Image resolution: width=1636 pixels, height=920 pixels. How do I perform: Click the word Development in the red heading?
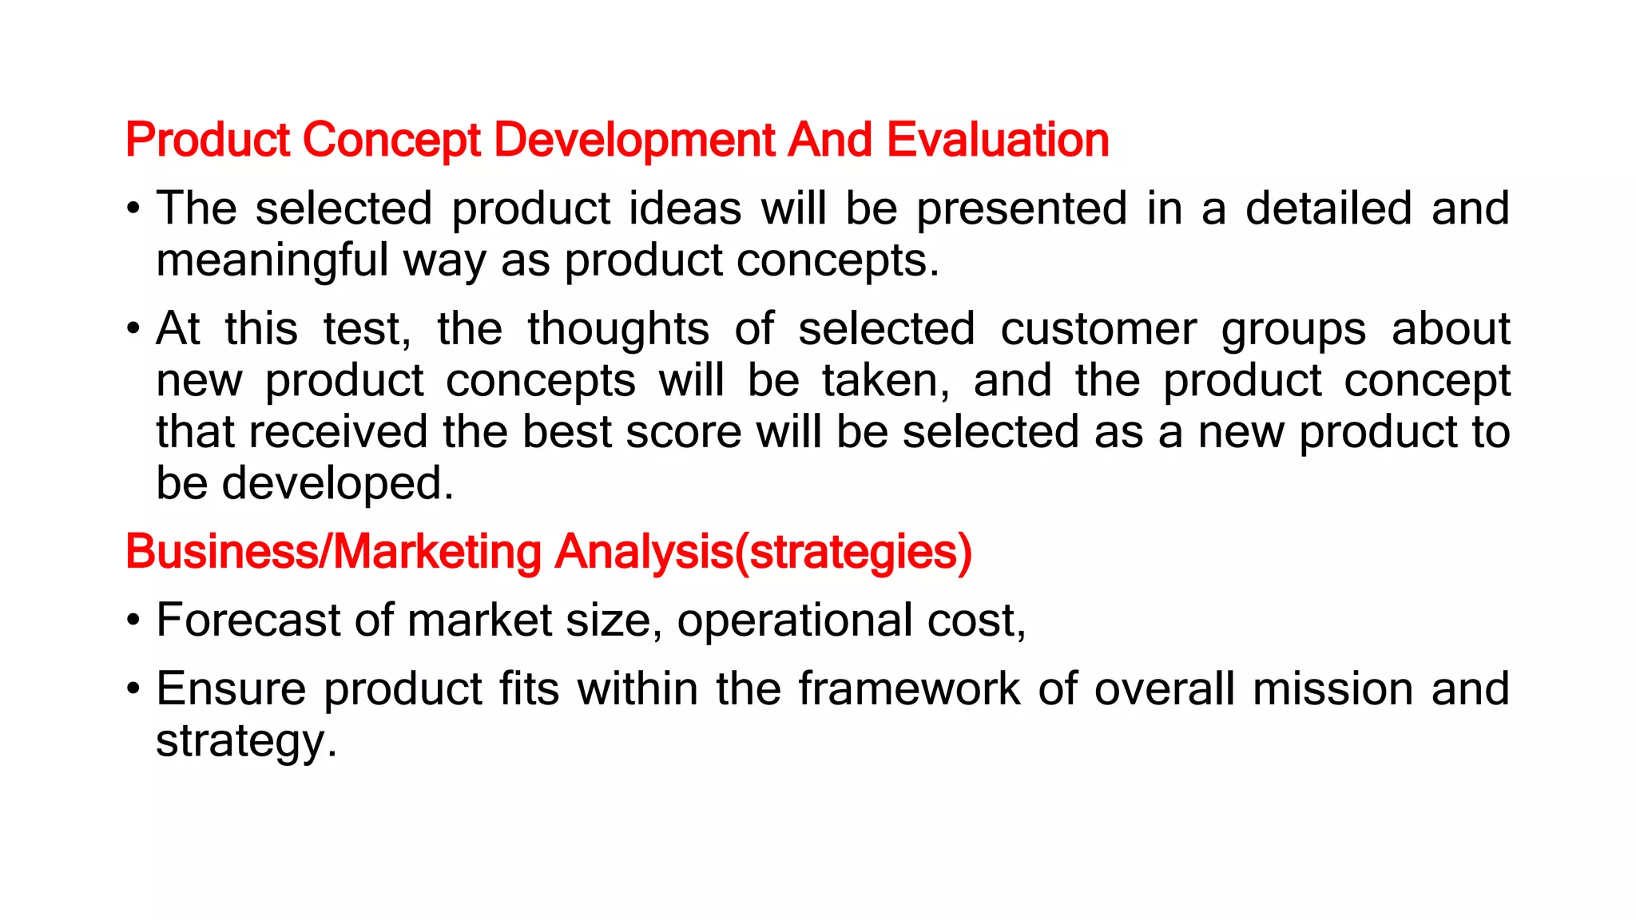tap(634, 141)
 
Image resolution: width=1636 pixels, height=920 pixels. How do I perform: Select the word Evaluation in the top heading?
tap(998, 141)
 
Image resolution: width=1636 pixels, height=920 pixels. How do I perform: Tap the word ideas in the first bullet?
tap(685, 208)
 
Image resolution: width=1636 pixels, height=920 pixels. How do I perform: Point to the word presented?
tap(1021, 208)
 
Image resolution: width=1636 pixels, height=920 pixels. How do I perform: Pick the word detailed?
tap(1328, 208)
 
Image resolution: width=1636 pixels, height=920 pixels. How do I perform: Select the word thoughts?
tap(617, 329)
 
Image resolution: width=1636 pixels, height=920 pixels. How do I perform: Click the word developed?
tap(337, 484)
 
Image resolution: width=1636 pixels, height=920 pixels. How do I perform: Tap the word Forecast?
tap(248, 621)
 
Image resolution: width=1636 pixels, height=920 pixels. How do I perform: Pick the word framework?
tap(908, 688)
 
